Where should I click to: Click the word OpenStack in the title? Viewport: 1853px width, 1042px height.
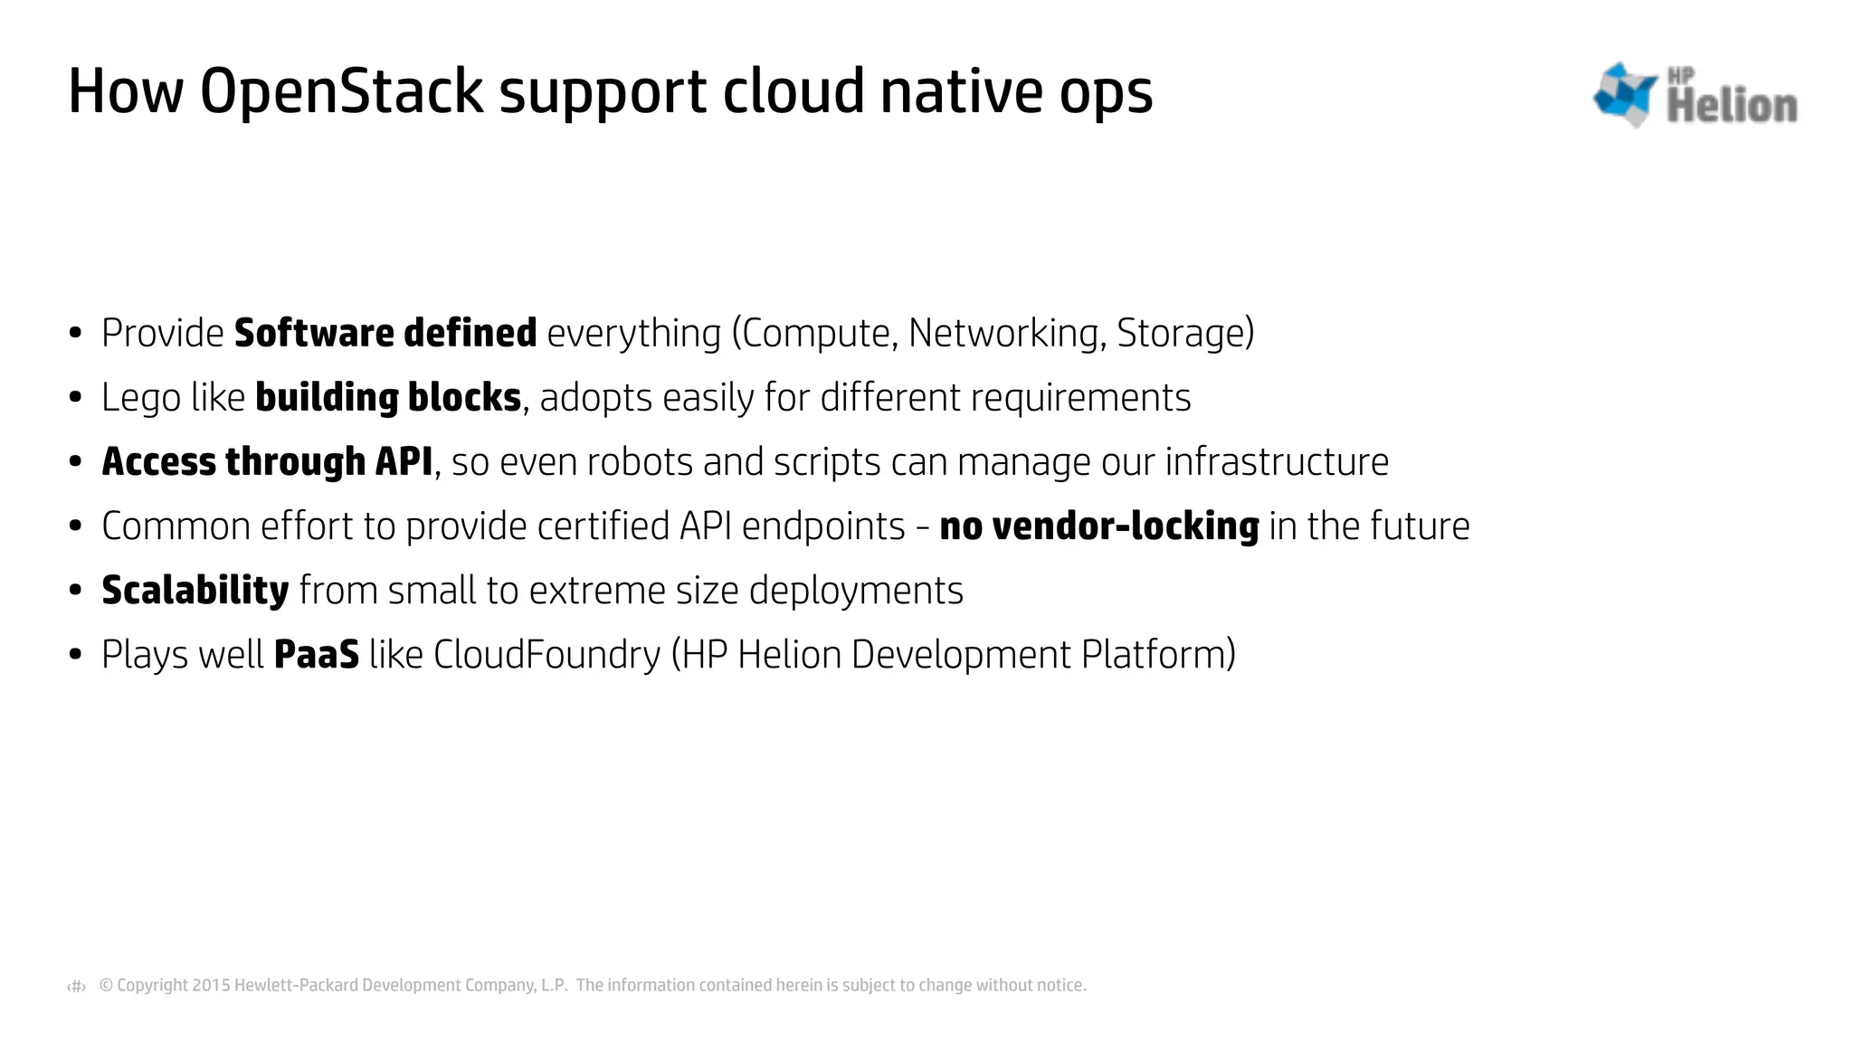(x=341, y=92)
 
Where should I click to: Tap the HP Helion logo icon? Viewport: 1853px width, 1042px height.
(x=1624, y=94)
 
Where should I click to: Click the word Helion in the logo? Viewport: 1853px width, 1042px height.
(x=1731, y=106)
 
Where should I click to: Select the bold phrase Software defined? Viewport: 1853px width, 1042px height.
(x=385, y=333)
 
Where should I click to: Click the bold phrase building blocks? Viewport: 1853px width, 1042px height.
(x=388, y=397)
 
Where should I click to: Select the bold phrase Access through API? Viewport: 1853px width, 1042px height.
(x=267, y=461)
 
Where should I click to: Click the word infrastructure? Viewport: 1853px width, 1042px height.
(x=1276, y=461)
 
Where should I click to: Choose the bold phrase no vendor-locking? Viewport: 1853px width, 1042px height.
(x=1098, y=526)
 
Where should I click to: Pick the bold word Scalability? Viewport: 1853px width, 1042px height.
(x=195, y=590)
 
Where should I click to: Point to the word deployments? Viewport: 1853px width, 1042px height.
(x=856, y=590)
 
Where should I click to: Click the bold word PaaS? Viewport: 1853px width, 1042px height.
(x=316, y=654)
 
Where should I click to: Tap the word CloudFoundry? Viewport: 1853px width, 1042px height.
(x=546, y=654)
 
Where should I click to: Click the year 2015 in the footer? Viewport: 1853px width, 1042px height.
(x=211, y=985)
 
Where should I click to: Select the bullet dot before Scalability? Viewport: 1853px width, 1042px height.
(x=76, y=591)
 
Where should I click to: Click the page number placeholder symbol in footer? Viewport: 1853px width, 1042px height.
(x=77, y=986)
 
